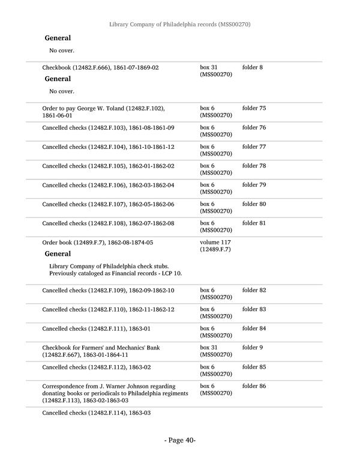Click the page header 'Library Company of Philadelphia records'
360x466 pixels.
point(179,25)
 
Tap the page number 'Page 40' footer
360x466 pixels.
point(180,440)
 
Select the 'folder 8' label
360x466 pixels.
point(253,67)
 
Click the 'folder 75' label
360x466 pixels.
point(254,108)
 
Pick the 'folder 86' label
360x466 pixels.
point(254,386)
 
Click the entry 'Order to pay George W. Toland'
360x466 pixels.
point(103,112)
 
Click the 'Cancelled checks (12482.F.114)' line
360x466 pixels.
point(96,414)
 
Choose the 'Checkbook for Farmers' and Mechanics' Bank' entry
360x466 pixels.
point(101,351)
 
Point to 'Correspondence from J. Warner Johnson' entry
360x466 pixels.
point(112,393)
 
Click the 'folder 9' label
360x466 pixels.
point(253,348)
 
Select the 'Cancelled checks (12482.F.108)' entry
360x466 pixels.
point(108,223)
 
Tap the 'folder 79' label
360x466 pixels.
point(254,185)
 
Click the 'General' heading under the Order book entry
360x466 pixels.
point(58,254)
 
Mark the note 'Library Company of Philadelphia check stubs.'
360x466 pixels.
point(109,266)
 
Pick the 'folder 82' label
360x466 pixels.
point(254,291)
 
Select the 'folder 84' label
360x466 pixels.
point(254,328)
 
